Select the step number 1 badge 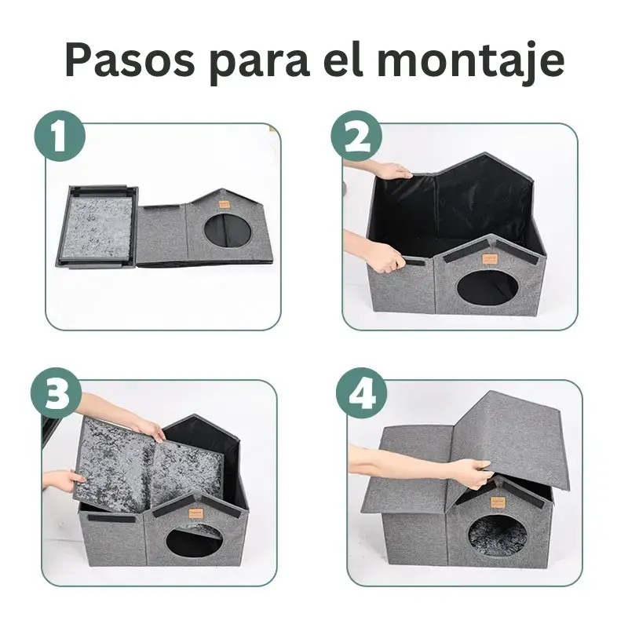60,136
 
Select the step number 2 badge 357,136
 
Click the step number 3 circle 57,393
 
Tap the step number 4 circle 362,393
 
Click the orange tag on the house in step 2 489,257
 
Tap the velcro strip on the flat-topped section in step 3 111,519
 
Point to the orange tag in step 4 498,502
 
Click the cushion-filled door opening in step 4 497,536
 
